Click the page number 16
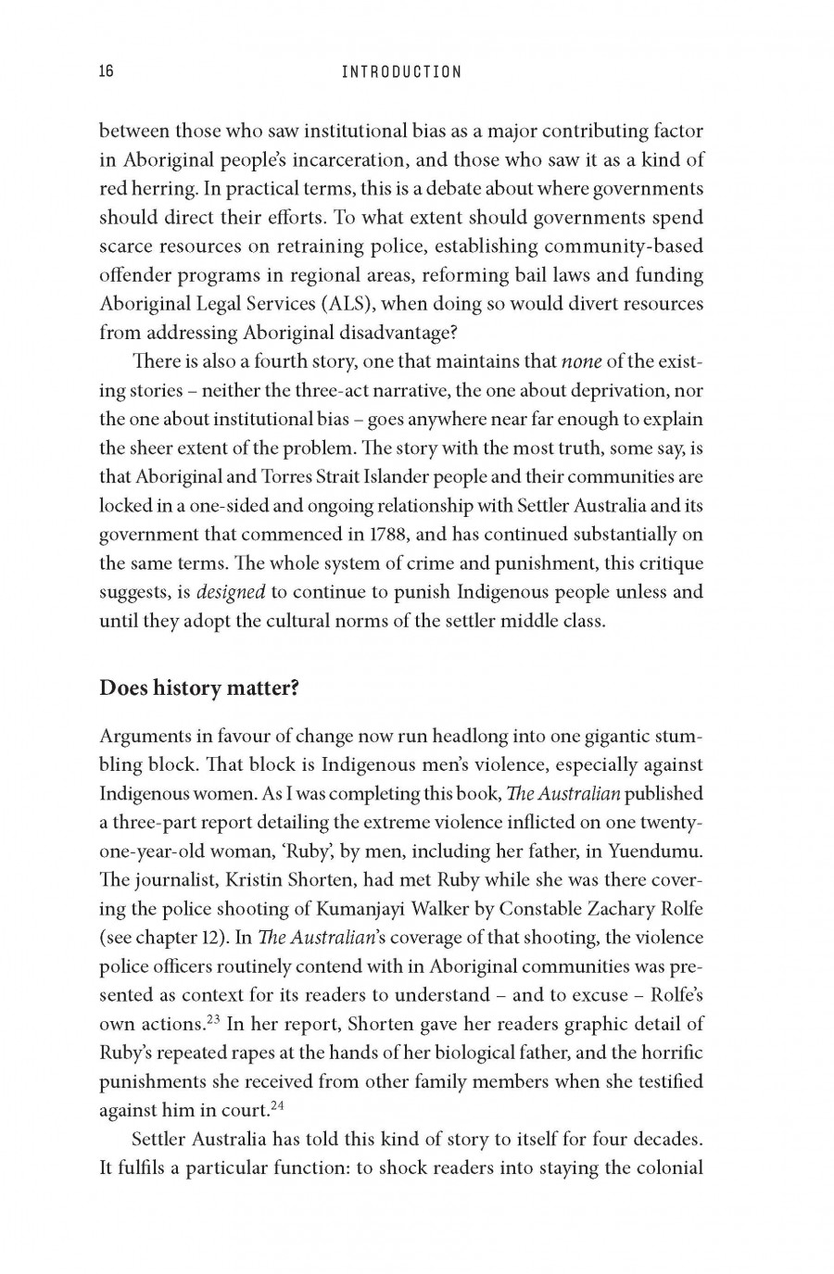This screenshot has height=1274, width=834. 106,71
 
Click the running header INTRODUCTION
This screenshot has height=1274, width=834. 401,71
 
